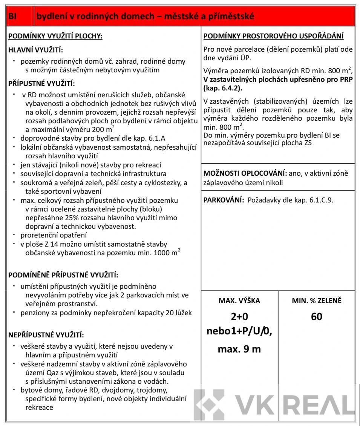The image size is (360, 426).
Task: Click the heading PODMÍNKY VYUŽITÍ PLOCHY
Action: [x=55, y=37]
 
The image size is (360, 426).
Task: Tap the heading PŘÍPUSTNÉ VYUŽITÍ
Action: [x=42, y=83]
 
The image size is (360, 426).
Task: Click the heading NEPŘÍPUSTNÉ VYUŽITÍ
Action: [x=46, y=334]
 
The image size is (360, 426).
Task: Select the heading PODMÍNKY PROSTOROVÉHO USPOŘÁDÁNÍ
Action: [x=273, y=37]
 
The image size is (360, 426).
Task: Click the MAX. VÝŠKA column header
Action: [x=239, y=301]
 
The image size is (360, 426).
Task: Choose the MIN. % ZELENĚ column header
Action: [x=317, y=301]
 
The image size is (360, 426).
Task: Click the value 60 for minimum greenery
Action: [x=317, y=317]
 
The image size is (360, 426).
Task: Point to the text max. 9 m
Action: [x=239, y=349]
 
